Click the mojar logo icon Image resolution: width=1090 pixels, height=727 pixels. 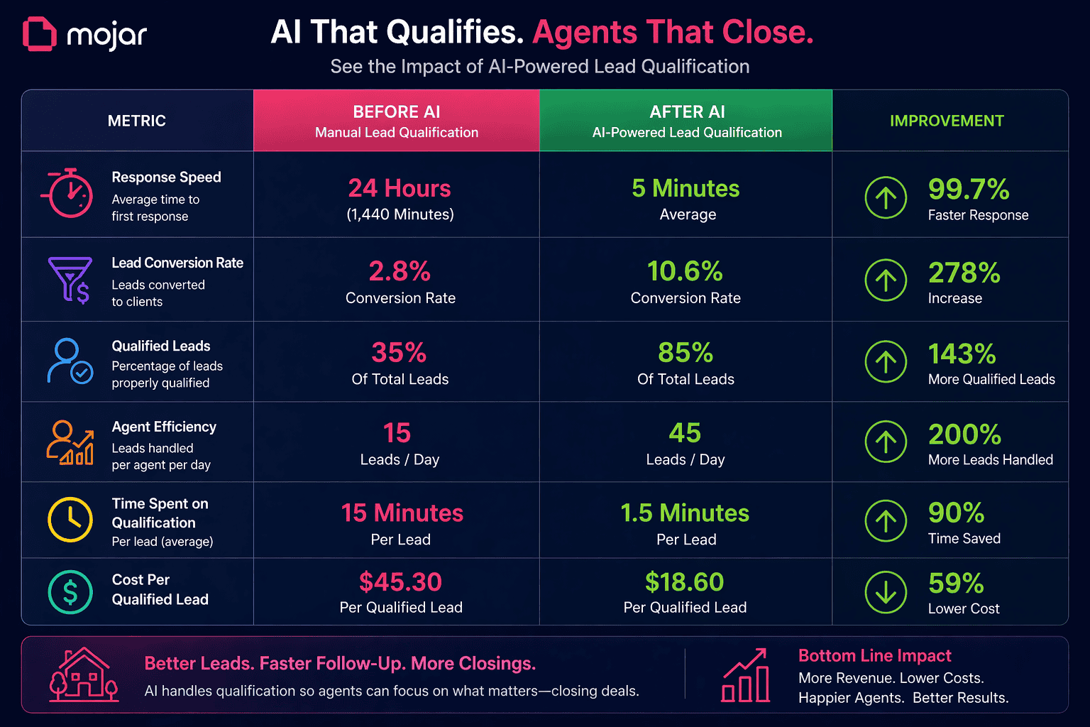point(39,34)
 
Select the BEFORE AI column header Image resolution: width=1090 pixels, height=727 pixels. point(396,121)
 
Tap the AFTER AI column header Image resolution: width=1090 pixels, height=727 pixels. point(686,121)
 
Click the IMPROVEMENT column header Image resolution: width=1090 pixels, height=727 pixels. point(947,121)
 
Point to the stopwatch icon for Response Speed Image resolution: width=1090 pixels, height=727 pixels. point(70,193)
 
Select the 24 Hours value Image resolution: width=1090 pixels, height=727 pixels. point(400,189)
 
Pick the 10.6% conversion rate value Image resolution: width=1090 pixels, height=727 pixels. point(685,271)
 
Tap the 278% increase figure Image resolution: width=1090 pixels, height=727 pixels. point(964,273)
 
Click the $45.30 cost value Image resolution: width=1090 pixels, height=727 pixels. point(400,582)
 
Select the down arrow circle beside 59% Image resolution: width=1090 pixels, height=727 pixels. point(886,592)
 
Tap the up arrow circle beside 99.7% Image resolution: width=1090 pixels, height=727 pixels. point(886,197)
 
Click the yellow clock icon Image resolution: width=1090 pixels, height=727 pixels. point(70,520)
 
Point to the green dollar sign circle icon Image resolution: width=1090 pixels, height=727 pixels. point(70,592)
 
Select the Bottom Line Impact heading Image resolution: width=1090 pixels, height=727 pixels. point(874,656)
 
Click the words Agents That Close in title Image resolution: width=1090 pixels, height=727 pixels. point(673,33)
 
